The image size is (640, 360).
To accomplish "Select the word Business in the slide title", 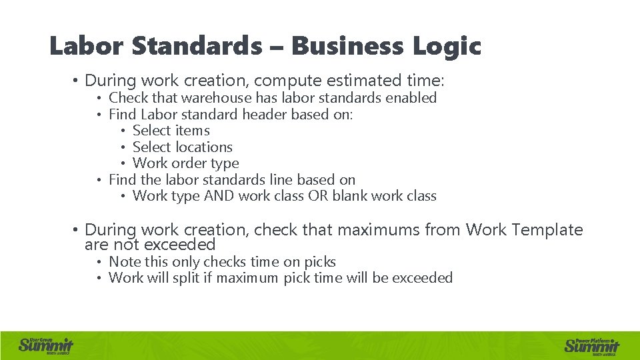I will click(347, 47).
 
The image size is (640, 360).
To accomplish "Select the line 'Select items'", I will click(171, 131).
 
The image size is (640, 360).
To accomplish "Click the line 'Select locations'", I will click(183, 147).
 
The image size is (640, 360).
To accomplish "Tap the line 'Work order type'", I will click(186, 163).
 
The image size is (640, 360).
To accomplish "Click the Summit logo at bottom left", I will click(45, 345).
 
